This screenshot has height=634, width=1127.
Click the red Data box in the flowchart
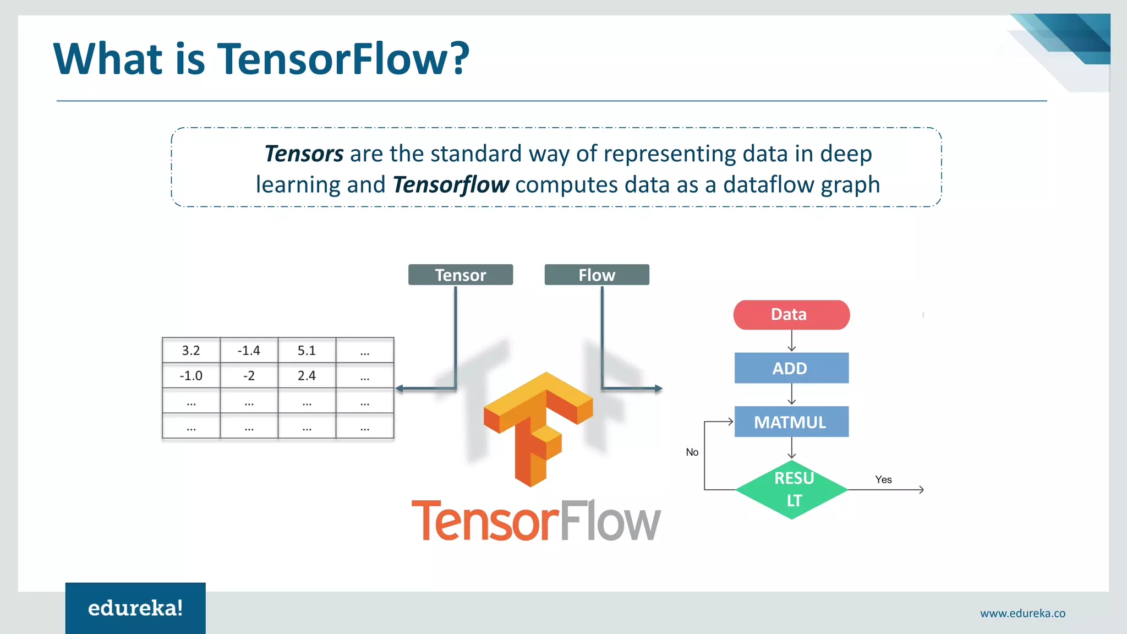[791, 315]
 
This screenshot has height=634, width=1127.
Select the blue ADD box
[791, 368]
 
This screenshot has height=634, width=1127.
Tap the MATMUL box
[791, 422]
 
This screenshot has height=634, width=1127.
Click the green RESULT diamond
[792, 489]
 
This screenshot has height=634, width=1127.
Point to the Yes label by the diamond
[883, 479]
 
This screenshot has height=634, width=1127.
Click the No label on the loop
[692, 452]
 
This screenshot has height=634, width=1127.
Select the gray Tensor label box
[460, 275]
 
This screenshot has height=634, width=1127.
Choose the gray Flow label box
[597, 275]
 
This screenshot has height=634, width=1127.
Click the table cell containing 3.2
[191, 351]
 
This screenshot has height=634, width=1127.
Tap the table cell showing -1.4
[249, 351]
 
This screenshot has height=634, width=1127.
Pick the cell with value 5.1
[307, 351]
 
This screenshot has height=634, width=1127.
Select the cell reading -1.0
[191, 376]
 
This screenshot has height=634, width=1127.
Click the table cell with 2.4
[307, 376]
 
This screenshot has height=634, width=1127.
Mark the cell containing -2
[249, 376]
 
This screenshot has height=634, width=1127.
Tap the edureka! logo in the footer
[135, 608]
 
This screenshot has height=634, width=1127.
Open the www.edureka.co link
[1022, 613]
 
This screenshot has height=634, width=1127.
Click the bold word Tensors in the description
[304, 154]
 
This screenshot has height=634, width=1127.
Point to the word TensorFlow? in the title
[343, 59]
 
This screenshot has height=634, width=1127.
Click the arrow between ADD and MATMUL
[791, 394]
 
